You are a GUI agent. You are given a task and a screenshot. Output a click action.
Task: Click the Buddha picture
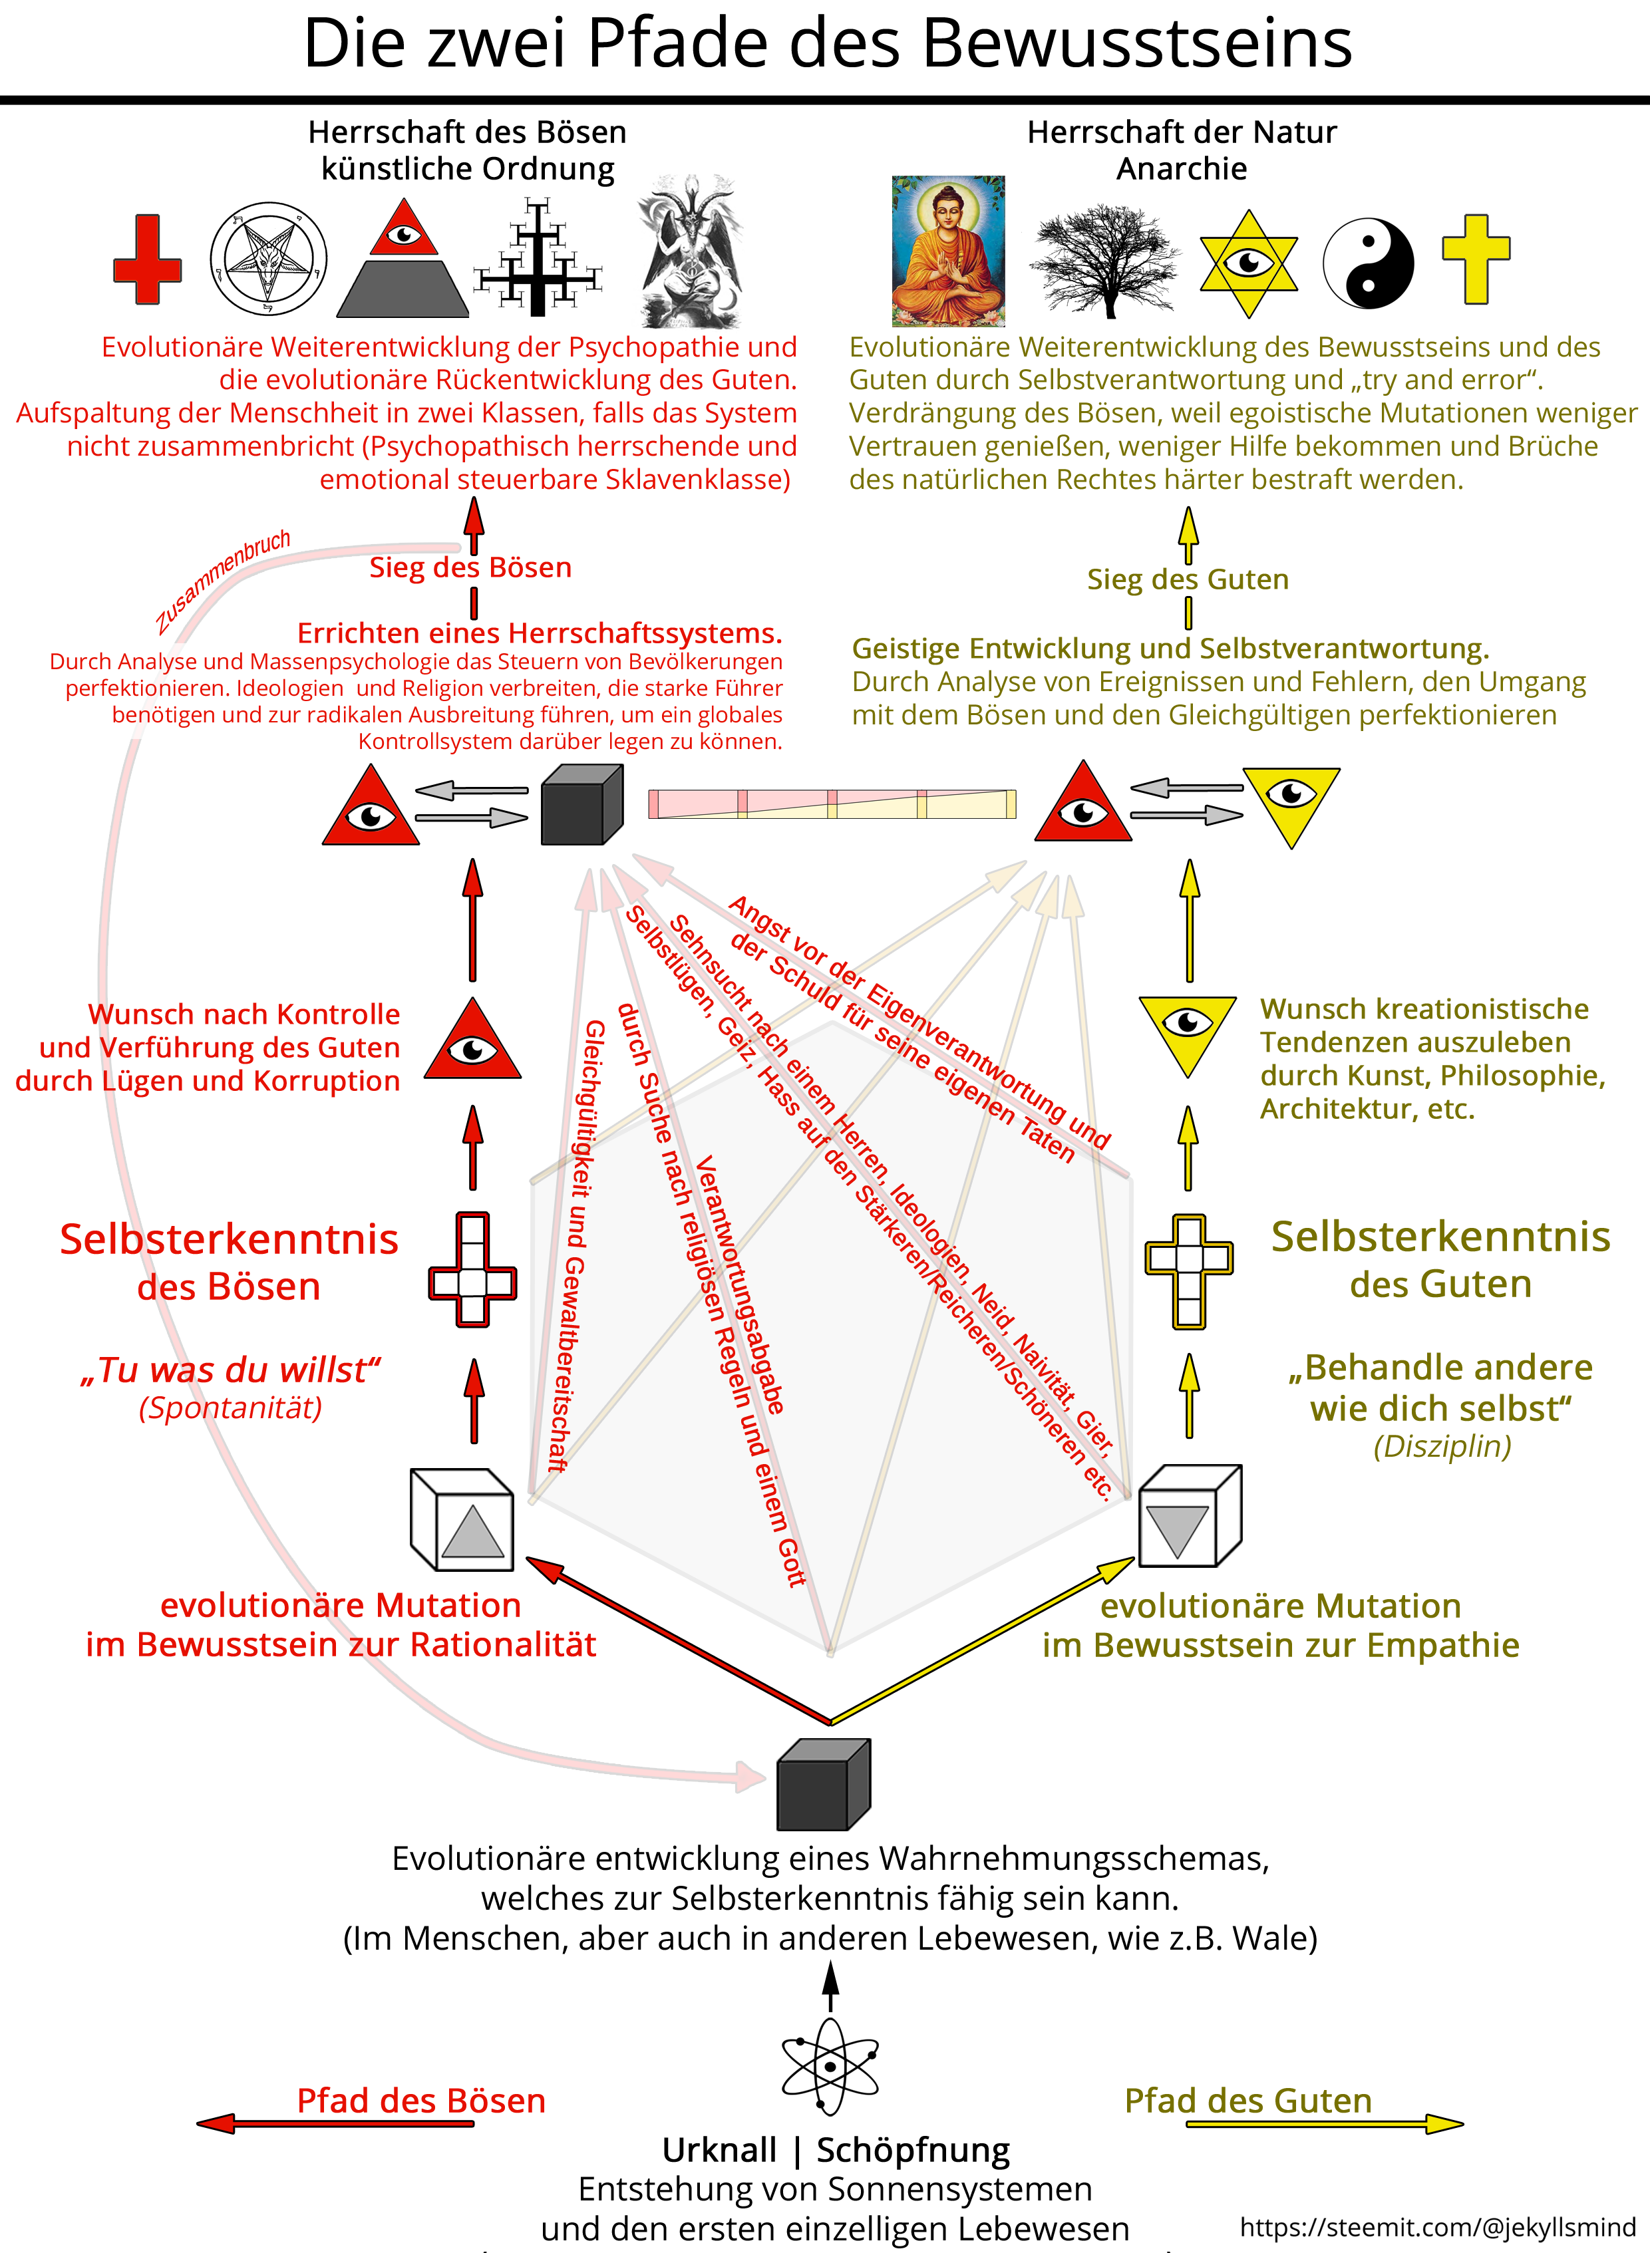point(948,251)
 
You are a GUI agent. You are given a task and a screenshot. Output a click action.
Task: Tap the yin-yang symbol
point(1369,263)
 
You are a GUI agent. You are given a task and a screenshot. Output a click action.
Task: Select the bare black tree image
point(1106,261)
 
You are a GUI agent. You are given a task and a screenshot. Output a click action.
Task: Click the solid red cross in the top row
point(148,259)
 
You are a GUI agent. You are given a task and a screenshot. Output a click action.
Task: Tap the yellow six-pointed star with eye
point(1249,263)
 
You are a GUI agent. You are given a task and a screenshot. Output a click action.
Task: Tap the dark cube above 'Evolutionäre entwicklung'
point(824,1783)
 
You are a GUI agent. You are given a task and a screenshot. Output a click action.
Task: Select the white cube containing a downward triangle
point(1190,1515)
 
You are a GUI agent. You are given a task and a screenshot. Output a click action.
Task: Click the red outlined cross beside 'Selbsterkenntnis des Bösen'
point(472,1269)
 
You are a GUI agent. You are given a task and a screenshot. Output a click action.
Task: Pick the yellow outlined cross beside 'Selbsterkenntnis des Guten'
point(1188,1271)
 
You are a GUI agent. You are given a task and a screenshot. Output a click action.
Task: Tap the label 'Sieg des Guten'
point(1188,579)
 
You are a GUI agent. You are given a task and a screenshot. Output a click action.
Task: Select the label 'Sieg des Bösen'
point(470,567)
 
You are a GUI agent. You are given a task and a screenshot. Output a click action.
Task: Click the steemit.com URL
point(1437,2226)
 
